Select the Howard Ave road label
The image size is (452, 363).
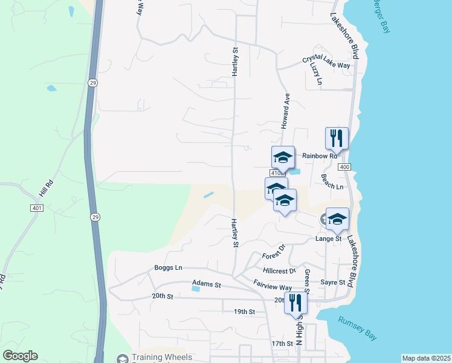285,110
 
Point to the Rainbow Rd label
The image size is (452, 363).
319,156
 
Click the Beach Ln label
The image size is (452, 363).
332,182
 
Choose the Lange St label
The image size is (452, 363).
329,239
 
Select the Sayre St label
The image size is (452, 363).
333,283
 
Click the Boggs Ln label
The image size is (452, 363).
168,267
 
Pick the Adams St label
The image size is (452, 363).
207,283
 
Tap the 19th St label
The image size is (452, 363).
244,312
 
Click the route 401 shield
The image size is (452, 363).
37,208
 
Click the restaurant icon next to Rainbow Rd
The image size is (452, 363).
337,139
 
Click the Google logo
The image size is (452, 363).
21,356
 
